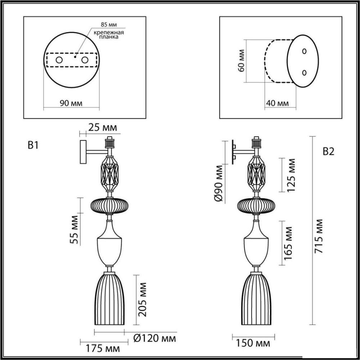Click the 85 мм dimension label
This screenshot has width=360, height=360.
click(x=109, y=24)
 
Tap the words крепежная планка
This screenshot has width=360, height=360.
click(x=109, y=35)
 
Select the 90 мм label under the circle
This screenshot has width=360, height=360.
click(x=71, y=103)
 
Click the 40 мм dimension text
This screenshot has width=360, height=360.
click(x=277, y=103)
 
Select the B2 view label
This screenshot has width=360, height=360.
click(x=329, y=152)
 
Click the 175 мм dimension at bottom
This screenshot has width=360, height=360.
click(x=103, y=349)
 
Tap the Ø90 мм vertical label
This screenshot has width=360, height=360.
click(x=219, y=183)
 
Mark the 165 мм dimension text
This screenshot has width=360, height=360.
click(x=288, y=243)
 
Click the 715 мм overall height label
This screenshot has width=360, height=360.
click(x=319, y=236)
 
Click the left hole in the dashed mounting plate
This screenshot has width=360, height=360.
click(x=59, y=60)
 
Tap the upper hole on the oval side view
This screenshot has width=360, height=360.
click(x=304, y=51)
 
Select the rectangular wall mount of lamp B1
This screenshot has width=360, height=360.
click(x=83, y=152)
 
